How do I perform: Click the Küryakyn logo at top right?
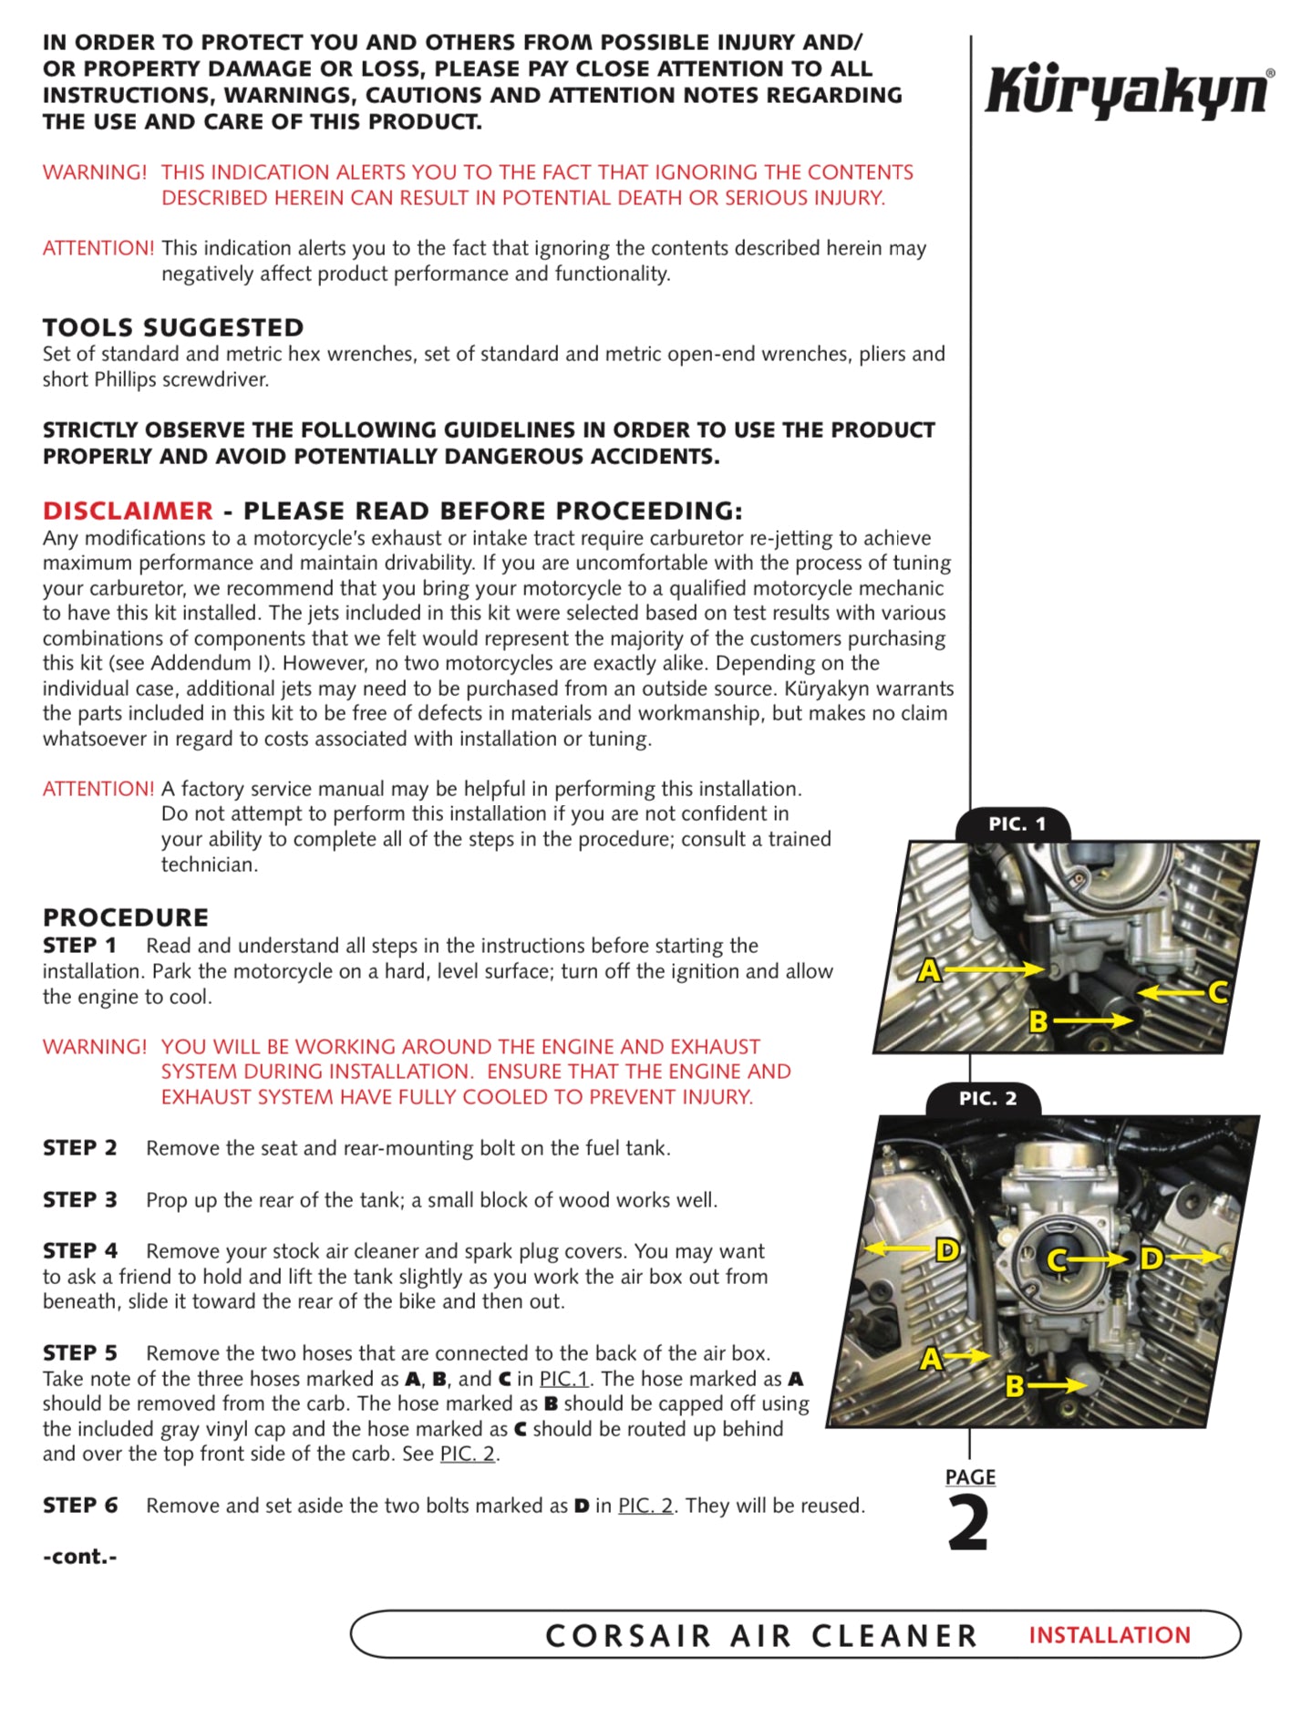[x=1129, y=91]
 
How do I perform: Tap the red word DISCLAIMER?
[x=128, y=511]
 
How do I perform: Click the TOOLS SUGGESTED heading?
[x=173, y=327]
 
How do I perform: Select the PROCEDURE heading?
[x=126, y=917]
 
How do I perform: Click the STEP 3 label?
[x=79, y=1200]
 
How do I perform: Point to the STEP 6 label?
[x=79, y=1506]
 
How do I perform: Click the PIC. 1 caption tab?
[x=1017, y=824]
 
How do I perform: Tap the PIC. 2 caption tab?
[x=987, y=1099]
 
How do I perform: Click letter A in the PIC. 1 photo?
[x=928, y=970]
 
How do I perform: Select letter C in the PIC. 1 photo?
[x=1218, y=992]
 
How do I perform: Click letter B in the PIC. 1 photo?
[x=1038, y=1021]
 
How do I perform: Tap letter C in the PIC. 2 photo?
[x=1057, y=1260]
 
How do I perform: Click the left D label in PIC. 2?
[x=947, y=1250]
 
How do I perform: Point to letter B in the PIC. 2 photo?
[x=1015, y=1387]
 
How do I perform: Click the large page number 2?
[x=968, y=1524]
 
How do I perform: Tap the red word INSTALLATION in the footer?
[x=1110, y=1635]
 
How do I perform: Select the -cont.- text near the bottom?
[x=79, y=1557]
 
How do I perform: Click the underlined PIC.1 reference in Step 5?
[x=563, y=1379]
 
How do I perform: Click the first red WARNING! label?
[x=94, y=172]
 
